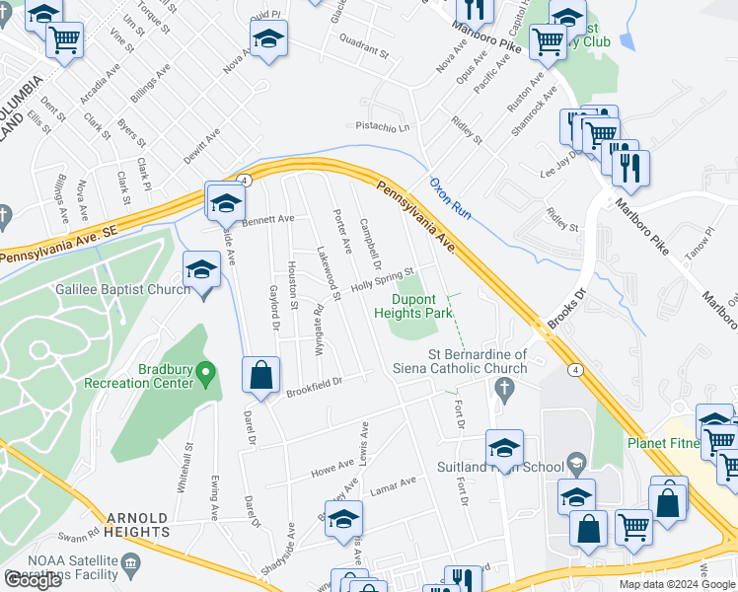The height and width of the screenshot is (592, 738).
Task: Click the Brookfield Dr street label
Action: [314, 386]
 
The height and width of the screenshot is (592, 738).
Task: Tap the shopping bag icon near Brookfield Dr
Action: [260, 376]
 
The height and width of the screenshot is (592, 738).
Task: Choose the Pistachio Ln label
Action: [383, 127]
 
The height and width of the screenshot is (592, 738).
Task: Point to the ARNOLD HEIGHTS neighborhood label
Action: [141, 525]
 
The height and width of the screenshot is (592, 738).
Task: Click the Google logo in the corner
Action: [33, 579]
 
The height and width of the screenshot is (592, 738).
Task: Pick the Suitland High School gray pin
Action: [576, 463]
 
